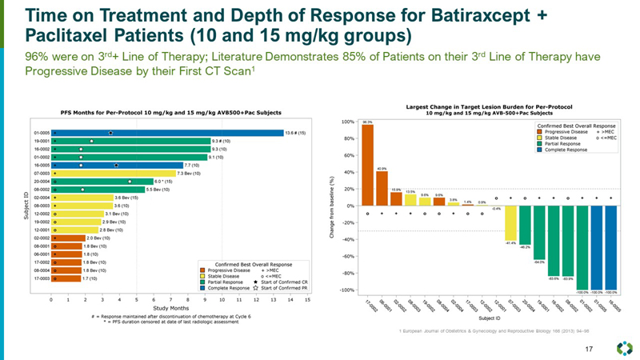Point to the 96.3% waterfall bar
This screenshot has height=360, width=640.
click(x=367, y=166)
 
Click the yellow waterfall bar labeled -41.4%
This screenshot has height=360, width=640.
click(x=510, y=223)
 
